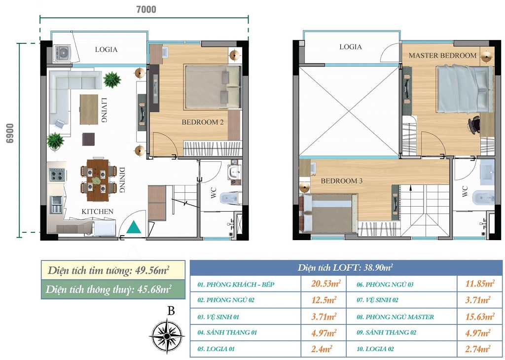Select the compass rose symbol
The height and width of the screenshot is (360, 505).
coord(167,336)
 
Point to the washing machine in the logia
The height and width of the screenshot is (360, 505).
coord(62,53)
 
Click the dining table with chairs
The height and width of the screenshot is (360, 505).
coord(98,180)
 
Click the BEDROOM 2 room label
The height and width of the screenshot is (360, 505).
coord(203,122)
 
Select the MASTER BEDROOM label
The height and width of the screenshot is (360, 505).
coord(442,55)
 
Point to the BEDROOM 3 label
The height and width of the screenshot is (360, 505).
coord(341,181)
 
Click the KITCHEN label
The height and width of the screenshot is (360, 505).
coord(97,212)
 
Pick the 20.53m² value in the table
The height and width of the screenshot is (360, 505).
coord(326,284)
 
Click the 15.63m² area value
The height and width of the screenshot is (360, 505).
coord(480,317)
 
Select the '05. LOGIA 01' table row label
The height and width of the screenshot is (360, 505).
coord(216,349)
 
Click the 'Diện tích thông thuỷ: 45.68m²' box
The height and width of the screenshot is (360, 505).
coord(113,289)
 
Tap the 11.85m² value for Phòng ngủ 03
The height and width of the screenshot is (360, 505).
coord(480,284)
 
